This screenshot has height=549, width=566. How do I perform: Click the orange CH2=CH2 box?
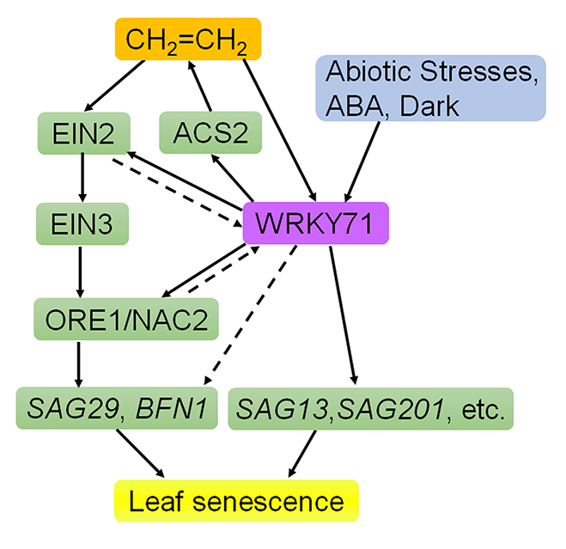click(186, 39)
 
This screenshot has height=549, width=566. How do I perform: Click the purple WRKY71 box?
click(316, 225)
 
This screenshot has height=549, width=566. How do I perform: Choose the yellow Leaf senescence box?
click(235, 501)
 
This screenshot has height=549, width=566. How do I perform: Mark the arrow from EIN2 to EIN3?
click(82, 180)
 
